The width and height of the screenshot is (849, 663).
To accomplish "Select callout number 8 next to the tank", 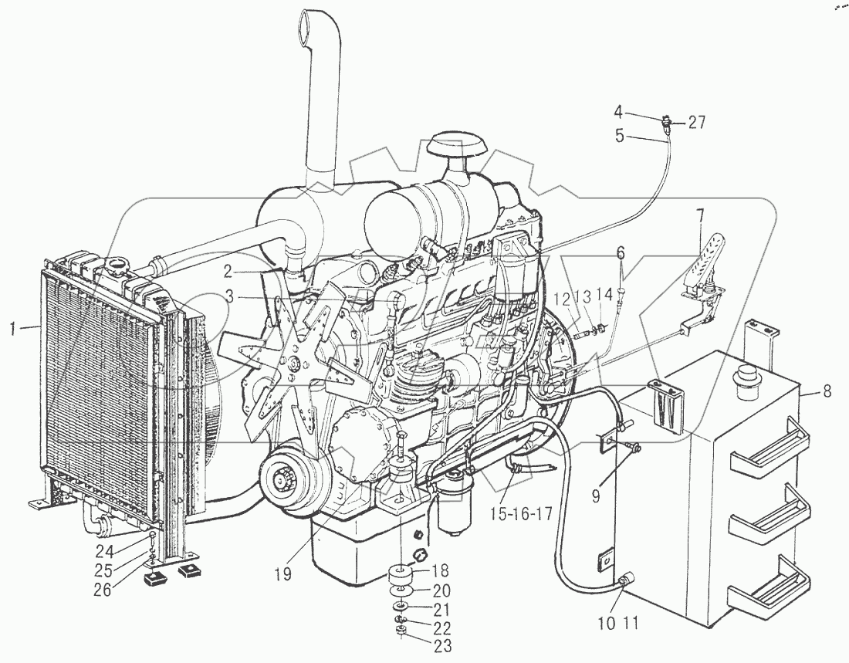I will click(x=827, y=392).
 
